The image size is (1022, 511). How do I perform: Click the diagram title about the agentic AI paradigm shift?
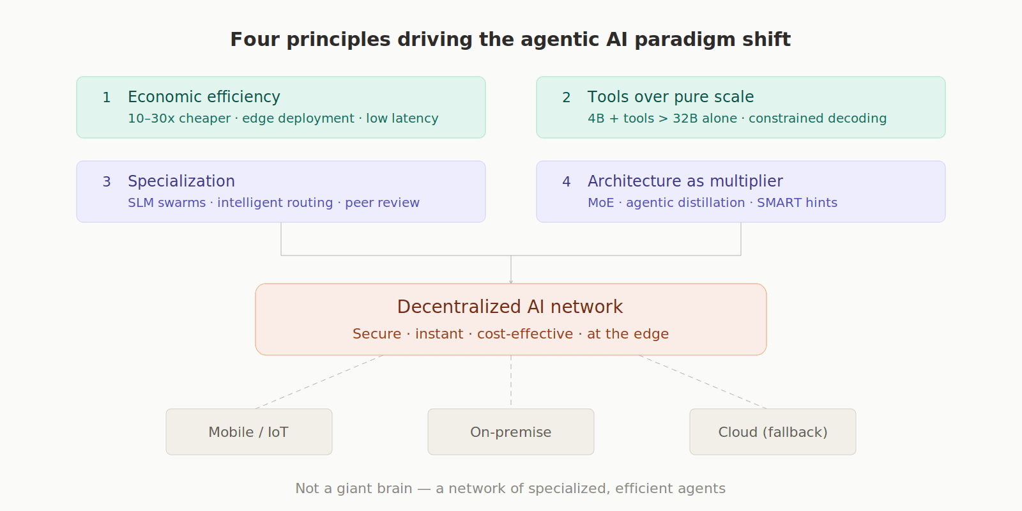(x=510, y=40)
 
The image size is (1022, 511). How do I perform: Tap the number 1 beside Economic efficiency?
(x=107, y=98)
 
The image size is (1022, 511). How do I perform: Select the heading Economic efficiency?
(x=204, y=97)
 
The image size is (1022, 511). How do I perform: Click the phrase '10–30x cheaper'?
(x=179, y=119)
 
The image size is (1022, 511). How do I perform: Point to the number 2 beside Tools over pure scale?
(x=566, y=98)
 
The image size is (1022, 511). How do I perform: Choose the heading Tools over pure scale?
(x=670, y=97)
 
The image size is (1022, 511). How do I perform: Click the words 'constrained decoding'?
(x=818, y=119)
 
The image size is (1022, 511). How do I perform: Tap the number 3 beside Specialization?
(x=107, y=182)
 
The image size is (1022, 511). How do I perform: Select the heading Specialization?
(x=181, y=181)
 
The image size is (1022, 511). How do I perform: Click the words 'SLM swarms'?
(x=167, y=203)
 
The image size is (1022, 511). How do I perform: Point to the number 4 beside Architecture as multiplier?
(x=566, y=182)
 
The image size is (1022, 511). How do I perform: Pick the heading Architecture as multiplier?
(x=685, y=181)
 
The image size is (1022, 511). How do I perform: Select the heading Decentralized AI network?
(x=510, y=307)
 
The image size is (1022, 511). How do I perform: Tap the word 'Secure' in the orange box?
(x=377, y=334)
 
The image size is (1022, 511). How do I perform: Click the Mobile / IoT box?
(x=249, y=432)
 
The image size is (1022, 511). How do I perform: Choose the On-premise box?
(x=511, y=432)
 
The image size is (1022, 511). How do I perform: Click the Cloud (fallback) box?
(x=773, y=432)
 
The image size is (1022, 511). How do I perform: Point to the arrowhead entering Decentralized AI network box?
(x=511, y=281)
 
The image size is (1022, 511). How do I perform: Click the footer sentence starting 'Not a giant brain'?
(x=510, y=489)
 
